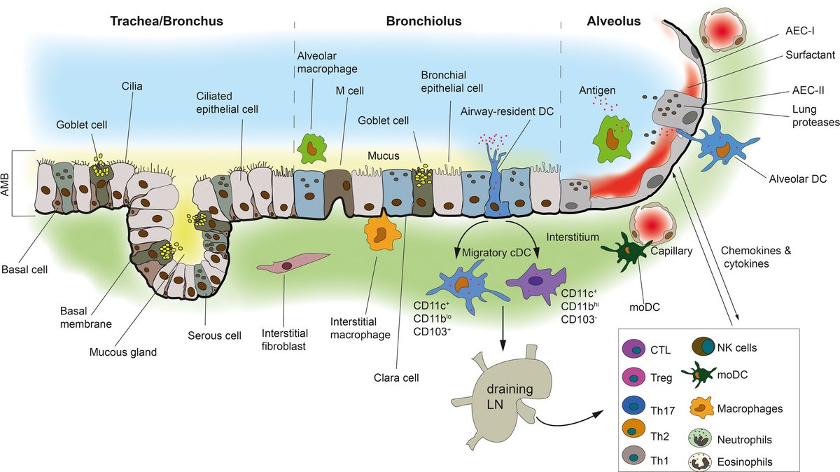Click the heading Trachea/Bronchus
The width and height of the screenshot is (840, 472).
[x=167, y=22]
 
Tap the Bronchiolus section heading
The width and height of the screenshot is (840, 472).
[x=423, y=22]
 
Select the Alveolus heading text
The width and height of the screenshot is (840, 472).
[x=613, y=22]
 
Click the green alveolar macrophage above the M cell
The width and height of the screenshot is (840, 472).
[x=308, y=148]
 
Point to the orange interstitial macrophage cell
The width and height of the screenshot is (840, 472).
[x=381, y=233]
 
